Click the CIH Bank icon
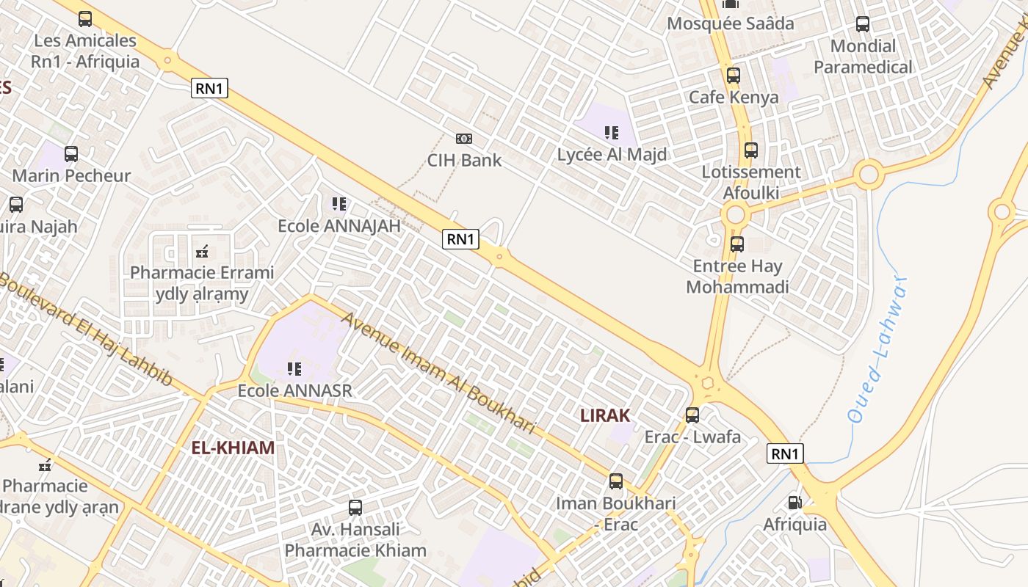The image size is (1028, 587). [464, 139]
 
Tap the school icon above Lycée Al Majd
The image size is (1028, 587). [611, 133]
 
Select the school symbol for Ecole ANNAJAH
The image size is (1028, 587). [339, 204]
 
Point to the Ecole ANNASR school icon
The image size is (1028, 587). [294, 368]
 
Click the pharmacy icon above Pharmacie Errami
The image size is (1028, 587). [202, 252]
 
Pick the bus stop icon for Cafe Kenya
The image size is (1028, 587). [733, 76]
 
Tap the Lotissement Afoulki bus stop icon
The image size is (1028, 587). [750, 150]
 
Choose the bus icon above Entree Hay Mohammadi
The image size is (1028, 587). [736, 244]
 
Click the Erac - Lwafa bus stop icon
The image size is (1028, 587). [692, 415]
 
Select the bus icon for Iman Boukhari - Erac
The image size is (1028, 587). [615, 482]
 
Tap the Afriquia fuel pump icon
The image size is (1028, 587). [794, 503]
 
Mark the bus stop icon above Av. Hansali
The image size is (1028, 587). [355, 507]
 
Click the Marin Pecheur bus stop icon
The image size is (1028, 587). [71, 154]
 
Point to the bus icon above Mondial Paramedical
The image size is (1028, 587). [863, 24]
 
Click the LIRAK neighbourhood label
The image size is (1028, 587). [605, 415]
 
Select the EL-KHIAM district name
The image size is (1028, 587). [233, 448]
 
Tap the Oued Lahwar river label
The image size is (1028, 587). [877, 349]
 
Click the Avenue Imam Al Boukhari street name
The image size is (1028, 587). [438, 372]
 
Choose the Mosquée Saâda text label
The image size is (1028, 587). [730, 23]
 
